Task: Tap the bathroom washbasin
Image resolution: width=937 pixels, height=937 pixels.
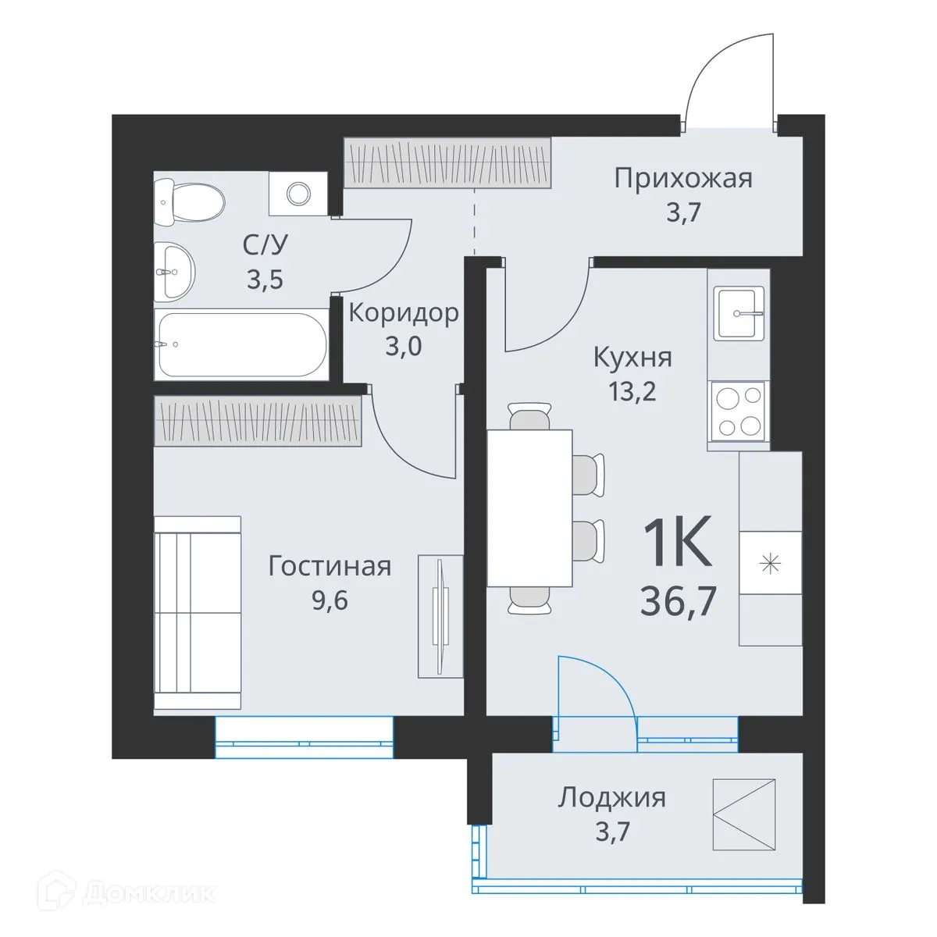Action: click(x=175, y=271)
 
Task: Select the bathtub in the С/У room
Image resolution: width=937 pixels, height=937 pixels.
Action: click(x=240, y=344)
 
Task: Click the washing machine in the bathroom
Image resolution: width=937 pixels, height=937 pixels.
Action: click(x=297, y=193)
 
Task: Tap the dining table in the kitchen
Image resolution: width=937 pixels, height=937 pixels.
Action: click(x=529, y=508)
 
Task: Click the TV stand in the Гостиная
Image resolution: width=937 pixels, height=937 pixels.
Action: click(x=440, y=616)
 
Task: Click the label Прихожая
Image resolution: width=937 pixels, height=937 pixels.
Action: click(x=683, y=178)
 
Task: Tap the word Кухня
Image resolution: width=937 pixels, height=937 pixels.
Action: click(x=632, y=358)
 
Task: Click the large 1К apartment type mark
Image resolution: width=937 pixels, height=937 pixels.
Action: click(x=677, y=544)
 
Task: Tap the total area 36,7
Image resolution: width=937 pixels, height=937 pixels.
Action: click(x=678, y=601)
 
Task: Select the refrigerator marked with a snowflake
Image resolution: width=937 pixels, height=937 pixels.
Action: click(x=771, y=563)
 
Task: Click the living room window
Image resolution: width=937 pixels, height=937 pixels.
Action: click(x=304, y=738)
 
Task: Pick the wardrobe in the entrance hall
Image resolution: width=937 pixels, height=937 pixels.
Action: click(x=447, y=162)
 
